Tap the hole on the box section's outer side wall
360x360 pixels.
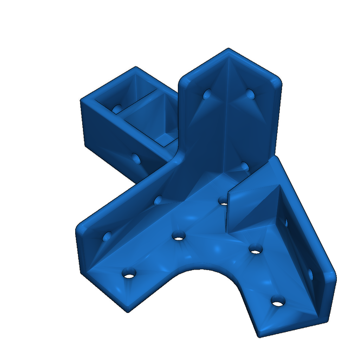(x=136, y=159)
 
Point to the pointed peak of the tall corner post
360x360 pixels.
(x=229, y=49)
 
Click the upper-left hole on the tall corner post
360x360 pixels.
(x=207, y=94)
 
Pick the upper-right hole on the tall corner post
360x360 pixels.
(x=250, y=94)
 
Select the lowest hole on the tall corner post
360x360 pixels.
(x=245, y=166)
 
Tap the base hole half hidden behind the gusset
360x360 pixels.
(x=223, y=201)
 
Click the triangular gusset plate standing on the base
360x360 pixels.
(x=253, y=207)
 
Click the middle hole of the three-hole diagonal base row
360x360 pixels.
(x=179, y=235)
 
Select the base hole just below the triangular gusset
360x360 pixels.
(x=256, y=250)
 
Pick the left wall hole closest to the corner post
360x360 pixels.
(x=158, y=200)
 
